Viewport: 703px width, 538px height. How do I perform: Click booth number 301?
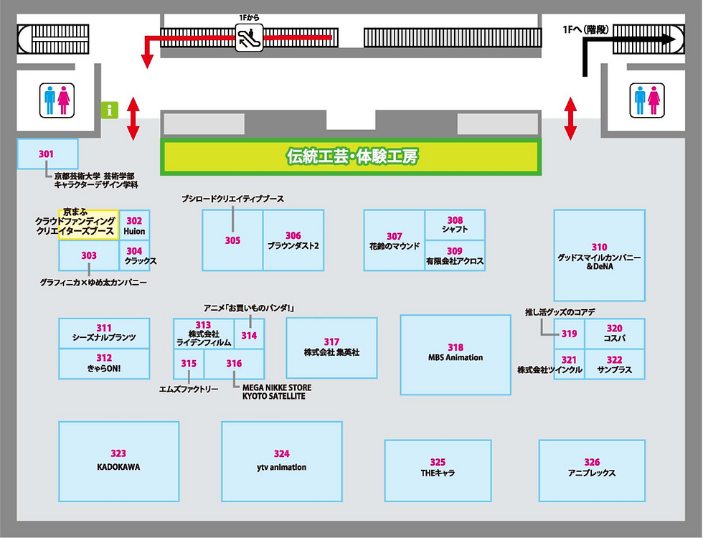point(47,154)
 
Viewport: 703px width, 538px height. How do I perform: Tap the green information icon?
point(110,110)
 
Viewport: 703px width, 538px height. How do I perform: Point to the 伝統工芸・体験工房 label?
point(351,156)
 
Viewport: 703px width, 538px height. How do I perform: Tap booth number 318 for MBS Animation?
point(456,347)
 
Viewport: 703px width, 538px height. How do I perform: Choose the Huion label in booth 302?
point(134,232)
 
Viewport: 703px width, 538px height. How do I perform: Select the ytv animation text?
point(281,467)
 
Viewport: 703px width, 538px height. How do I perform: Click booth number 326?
point(592,462)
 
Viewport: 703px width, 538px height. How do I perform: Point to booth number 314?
point(249,335)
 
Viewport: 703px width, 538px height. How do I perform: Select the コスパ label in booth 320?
point(615,338)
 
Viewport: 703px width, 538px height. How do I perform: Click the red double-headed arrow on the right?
point(571,118)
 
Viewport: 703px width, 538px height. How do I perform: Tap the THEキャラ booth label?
point(438,473)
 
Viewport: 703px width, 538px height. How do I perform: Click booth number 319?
point(569,334)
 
